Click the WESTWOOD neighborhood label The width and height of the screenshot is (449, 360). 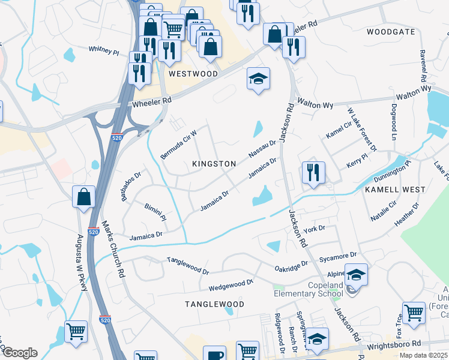[x=193, y=74]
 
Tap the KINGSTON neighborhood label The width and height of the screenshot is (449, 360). [x=214, y=164]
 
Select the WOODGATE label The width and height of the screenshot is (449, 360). [x=391, y=31]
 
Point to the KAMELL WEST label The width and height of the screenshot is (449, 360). [x=395, y=189]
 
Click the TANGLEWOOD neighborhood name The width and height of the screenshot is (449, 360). [x=214, y=304]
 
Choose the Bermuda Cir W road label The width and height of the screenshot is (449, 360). [x=178, y=145]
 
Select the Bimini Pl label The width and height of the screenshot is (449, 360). [x=155, y=214]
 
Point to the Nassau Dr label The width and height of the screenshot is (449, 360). [x=262, y=148]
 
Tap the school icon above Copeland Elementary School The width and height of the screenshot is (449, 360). [x=356, y=275]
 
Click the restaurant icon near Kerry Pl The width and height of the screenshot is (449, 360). [x=313, y=173]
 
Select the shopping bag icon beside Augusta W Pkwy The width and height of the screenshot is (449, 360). [x=83, y=197]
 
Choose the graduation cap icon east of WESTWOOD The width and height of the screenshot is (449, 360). [x=258, y=79]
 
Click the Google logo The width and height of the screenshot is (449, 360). [x=19, y=353]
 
